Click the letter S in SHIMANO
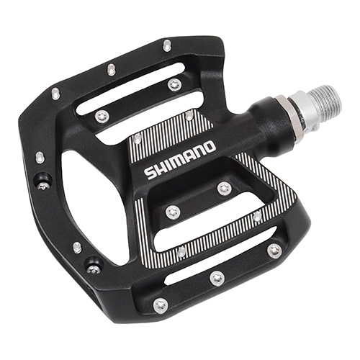point(150,174)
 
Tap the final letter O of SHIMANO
point(209,147)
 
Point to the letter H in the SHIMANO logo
point(160,169)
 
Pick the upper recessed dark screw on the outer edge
point(43,184)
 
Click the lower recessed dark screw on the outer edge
point(95,268)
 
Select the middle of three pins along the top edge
point(112,69)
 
